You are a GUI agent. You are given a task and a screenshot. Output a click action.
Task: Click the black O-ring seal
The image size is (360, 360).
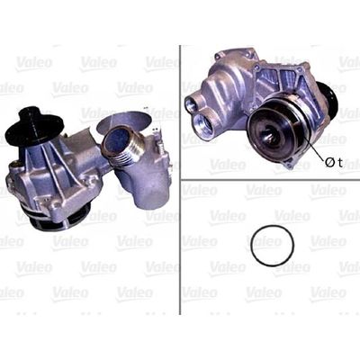tap(252, 246)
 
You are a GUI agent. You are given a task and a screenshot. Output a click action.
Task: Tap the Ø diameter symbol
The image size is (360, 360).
tap(329, 162)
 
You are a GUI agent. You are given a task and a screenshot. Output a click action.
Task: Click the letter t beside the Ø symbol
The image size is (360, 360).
tap(339, 163)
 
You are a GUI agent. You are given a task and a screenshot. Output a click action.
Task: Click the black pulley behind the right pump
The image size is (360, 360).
tap(328, 98)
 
